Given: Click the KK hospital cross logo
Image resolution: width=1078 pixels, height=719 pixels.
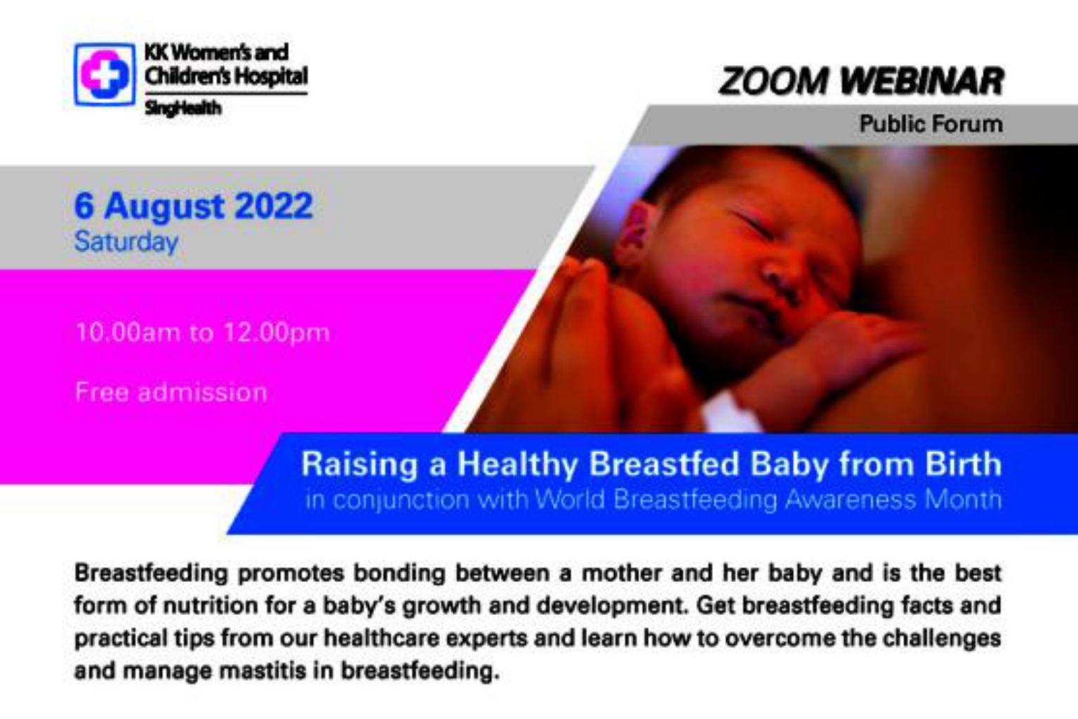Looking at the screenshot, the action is [x=105, y=74].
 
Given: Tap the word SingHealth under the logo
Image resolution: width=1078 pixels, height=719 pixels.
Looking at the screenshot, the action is [x=183, y=108].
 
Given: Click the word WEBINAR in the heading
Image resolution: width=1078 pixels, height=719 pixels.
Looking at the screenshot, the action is [x=922, y=81].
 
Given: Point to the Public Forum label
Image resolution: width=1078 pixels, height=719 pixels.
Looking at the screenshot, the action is [x=931, y=124].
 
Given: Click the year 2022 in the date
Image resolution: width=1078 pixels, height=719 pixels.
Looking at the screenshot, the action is [x=273, y=206].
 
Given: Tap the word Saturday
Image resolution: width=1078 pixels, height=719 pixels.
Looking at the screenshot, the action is [x=126, y=242].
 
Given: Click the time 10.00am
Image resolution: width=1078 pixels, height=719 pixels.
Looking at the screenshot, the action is [x=128, y=333].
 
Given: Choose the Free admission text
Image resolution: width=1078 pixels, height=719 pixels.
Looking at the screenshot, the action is [x=171, y=392].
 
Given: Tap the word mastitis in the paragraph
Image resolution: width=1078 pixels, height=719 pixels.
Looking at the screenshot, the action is [x=262, y=671].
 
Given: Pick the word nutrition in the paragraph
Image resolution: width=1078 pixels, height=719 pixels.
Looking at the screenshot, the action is [x=211, y=605].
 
